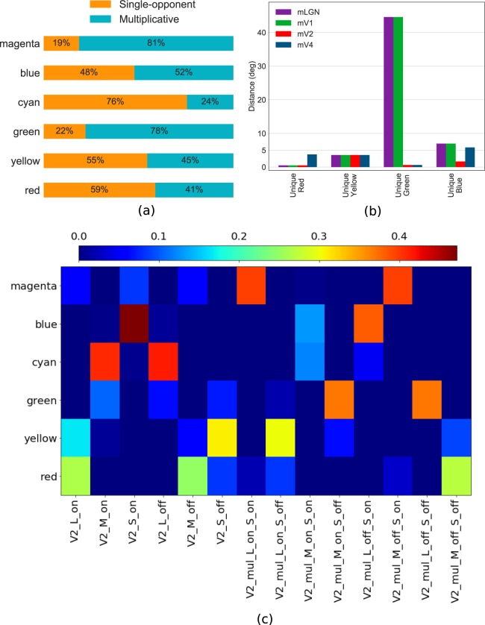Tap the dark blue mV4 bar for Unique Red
[312, 160]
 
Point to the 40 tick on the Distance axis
[263, 32]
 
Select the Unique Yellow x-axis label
[340, 181]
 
